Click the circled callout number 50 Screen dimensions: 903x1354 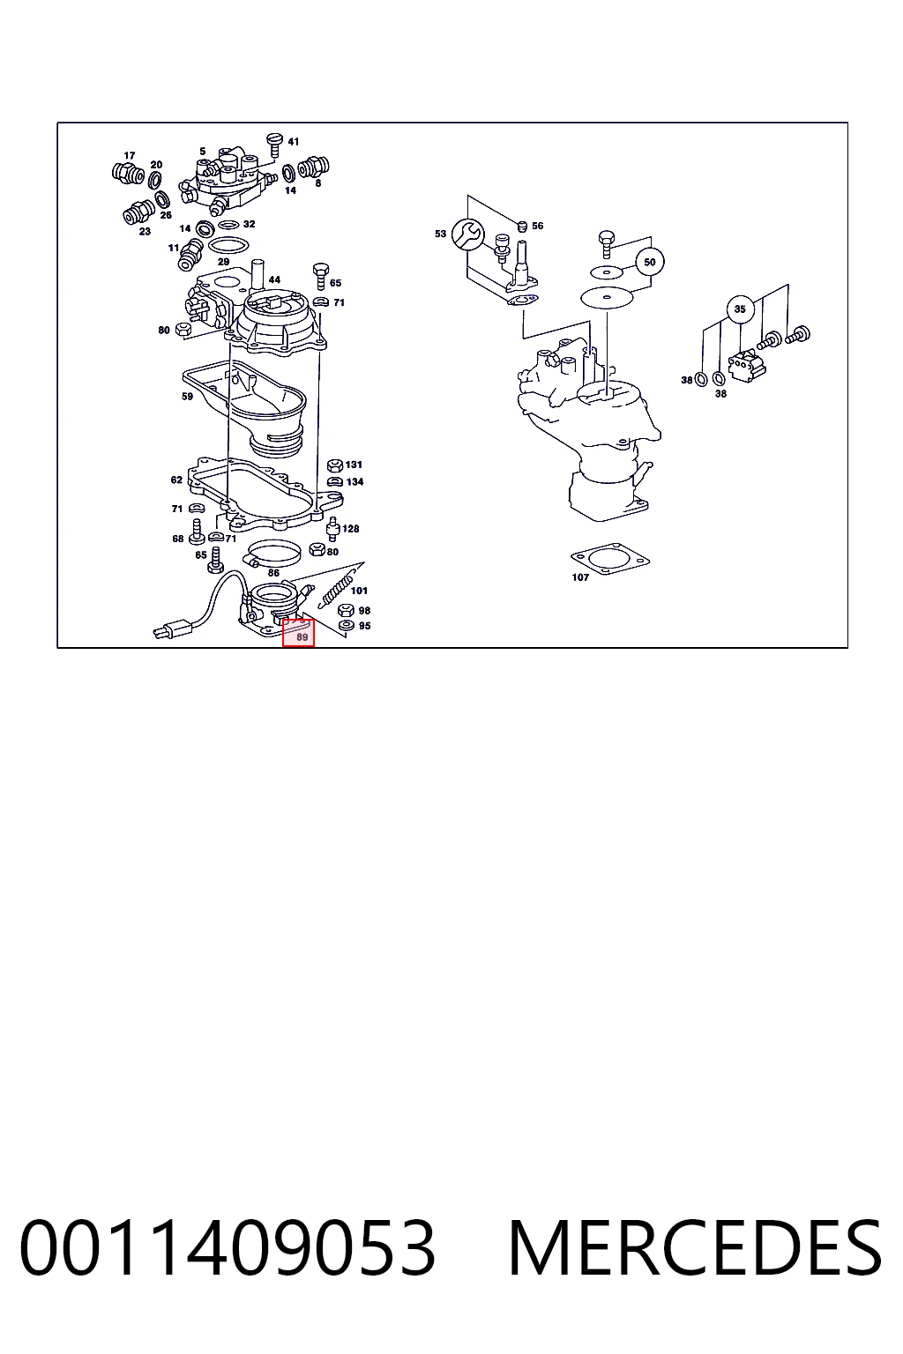pyautogui.click(x=650, y=263)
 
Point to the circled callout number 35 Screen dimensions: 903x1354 pyautogui.click(x=740, y=309)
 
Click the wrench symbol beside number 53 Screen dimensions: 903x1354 pyautogui.click(x=467, y=234)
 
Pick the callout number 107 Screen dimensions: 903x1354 pyautogui.click(x=580, y=577)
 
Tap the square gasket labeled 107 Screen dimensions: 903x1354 pyautogui.click(x=610, y=558)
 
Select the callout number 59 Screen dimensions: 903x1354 pyautogui.click(x=188, y=397)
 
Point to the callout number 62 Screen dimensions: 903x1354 pyautogui.click(x=176, y=480)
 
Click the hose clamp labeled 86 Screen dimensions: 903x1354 pyautogui.click(x=272, y=552)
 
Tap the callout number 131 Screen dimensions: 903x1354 pyautogui.click(x=354, y=465)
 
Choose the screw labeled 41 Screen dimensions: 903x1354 pyautogui.click(x=274, y=145)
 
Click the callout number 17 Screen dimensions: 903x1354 pyautogui.click(x=130, y=155)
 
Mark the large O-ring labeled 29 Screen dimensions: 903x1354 pyautogui.click(x=228, y=246)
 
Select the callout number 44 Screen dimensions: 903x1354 pyautogui.click(x=274, y=279)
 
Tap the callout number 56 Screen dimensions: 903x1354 pyautogui.click(x=538, y=226)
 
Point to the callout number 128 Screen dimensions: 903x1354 pyautogui.click(x=351, y=529)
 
